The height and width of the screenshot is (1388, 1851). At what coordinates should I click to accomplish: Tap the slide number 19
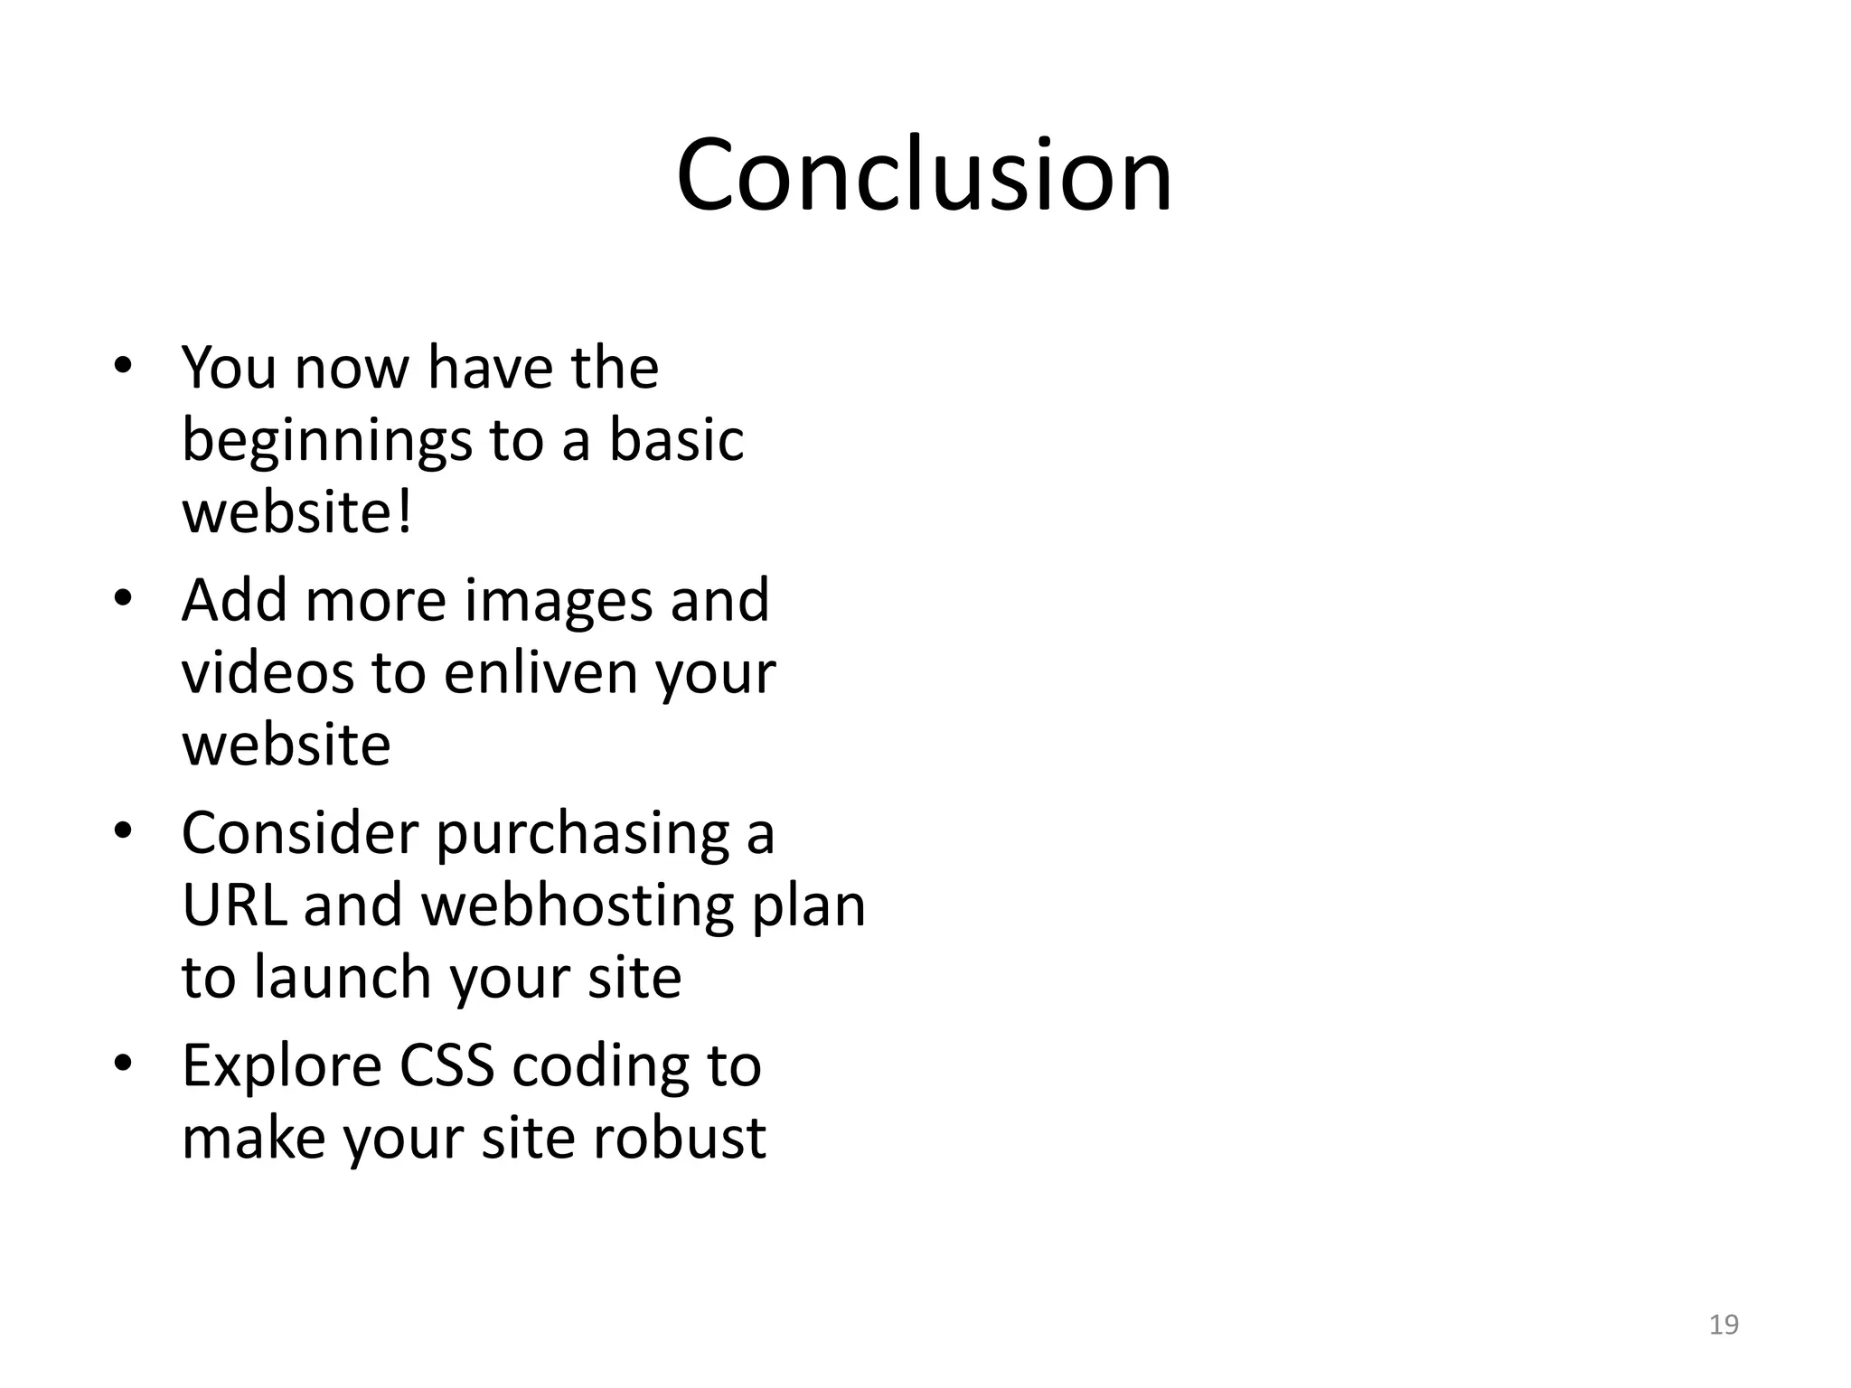(x=1724, y=1324)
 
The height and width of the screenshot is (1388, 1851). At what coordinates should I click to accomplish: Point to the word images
(x=558, y=601)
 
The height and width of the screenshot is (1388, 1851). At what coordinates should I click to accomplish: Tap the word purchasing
(x=583, y=834)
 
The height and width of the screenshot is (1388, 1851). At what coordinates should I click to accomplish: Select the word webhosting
(x=578, y=906)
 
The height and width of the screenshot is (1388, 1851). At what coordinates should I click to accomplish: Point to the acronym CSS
(x=446, y=1065)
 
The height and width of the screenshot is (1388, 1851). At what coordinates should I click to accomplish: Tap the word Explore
(x=282, y=1067)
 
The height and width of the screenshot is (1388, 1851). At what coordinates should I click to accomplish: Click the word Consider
(x=300, y=833)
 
